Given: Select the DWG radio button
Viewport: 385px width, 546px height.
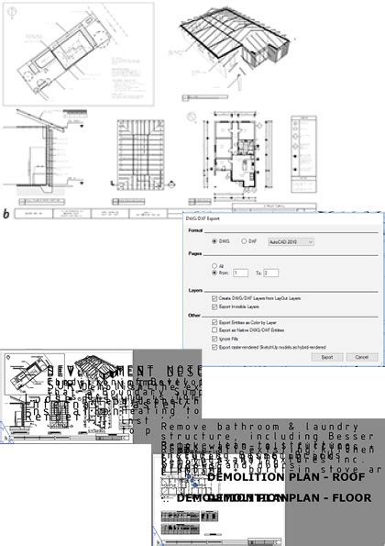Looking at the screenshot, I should pos(214,241).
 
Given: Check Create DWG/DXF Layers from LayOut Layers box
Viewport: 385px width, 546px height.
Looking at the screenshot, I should pos(214,298).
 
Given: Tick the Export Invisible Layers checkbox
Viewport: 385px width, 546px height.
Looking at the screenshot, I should pos(214,306).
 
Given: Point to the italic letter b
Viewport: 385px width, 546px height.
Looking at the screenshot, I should pos(7,214).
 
